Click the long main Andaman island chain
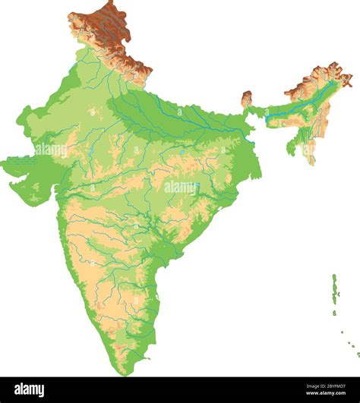pyautogui.click(x=333, y=288)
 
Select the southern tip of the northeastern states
pyautogui.click(x=311, y=163)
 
